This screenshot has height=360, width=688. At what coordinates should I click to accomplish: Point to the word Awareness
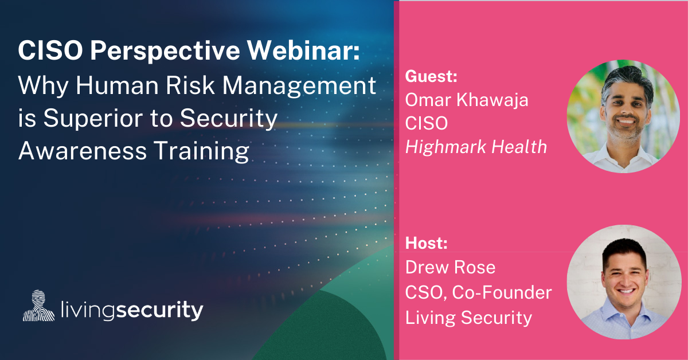[x=83, y=151]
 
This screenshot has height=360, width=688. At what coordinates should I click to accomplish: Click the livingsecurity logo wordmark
[x=132, y=310]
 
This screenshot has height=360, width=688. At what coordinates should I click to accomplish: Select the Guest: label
[x=431, y=76]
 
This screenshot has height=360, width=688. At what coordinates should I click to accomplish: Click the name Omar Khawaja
[x=467, y=100]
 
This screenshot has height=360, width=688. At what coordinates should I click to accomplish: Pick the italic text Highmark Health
[x=476, y=147]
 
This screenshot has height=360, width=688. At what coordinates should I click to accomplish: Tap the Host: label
[x=427, y=243]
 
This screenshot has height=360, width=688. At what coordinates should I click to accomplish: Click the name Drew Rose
[x=450, y=267]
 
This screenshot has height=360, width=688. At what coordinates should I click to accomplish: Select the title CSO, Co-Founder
[x=478, y=292]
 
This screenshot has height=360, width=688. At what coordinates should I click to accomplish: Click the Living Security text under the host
[x=468, y=318]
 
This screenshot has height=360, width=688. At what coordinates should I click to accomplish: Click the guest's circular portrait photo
[x=624, y=116]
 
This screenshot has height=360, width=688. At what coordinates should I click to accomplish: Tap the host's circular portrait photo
[x=624, y=282]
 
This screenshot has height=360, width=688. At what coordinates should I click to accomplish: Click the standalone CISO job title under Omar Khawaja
[x=427, y=123]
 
